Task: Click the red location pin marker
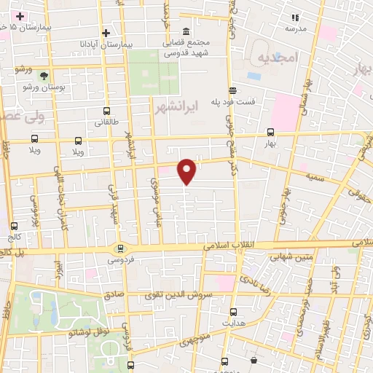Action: click(187, 170)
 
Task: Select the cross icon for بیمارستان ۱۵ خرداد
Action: click(20, 15)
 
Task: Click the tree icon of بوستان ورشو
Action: click(44, 76)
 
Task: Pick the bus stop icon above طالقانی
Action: click(107, 111)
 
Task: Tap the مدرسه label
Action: click(294, 29)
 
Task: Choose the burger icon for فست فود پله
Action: click(232, 90)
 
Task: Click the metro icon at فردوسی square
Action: click(120, 248)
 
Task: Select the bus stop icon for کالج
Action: click(15, 227)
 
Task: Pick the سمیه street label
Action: click(314, 177)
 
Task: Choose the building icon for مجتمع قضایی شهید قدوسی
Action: click(186, 32)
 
